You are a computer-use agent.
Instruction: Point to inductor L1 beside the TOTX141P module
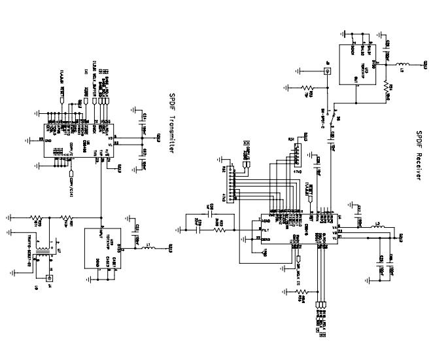(x=148, y=248)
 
